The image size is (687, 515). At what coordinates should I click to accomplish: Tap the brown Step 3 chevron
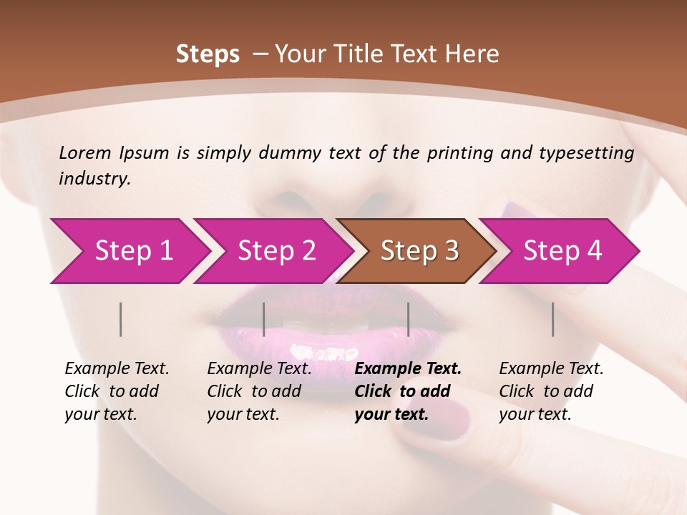click(419, 251)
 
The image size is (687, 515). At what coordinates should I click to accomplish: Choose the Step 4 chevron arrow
click(562, 251)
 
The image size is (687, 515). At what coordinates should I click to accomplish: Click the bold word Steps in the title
click(208, 54)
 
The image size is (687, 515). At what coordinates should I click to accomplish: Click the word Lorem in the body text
click(84, 152)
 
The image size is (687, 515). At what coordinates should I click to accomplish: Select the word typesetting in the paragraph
click(586, 152)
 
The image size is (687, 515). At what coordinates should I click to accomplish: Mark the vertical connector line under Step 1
click(121, 319)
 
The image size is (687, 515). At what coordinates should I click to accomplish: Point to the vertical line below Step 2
click(264, 319)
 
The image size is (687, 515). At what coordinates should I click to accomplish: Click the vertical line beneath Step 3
click(409, 319)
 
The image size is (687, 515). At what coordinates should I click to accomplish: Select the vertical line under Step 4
click(553, 319)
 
